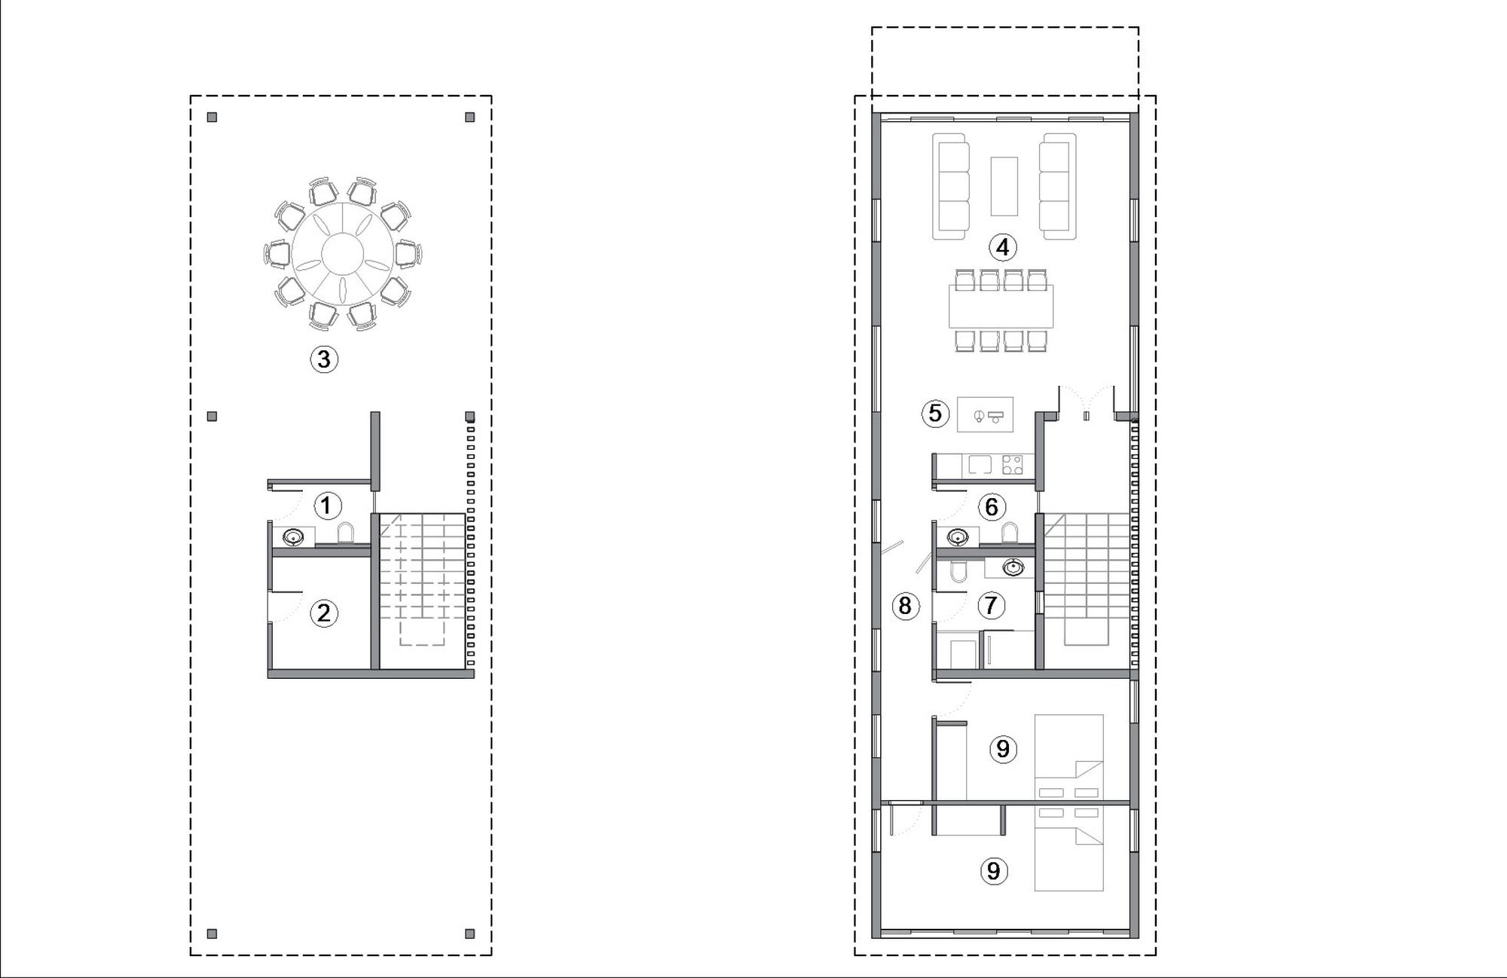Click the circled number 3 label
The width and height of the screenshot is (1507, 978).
[x=324, y=359]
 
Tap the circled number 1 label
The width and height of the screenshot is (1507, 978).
[x=326, y=506]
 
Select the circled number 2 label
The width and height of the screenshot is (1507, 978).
[x=324, y=613]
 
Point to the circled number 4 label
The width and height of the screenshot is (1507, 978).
[x=1002, y=247]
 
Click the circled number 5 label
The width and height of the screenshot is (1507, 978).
[x=935, y=413]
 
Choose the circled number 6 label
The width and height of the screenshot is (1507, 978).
[x=992, y=507]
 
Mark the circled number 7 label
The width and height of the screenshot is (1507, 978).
[x=991, y=605]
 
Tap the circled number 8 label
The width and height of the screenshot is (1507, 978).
[x=905, y=605]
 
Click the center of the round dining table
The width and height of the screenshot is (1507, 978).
[x=342, y=252]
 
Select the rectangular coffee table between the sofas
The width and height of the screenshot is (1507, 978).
[x=1004, y=186]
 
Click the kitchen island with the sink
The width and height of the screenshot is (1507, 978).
[x=985, y=414]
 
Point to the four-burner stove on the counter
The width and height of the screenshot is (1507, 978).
[x=1013, y=466]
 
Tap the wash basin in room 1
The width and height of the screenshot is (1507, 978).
[x=293, y=537]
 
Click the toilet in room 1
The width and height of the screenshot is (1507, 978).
[x=346, y=532]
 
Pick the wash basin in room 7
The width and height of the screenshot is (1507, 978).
[x=1013, y=567]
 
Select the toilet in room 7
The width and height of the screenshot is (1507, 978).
[x=958, y=572]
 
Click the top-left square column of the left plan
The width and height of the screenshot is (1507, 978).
[x=212, y=118]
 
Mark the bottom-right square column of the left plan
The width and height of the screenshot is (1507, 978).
[x=469, y=934]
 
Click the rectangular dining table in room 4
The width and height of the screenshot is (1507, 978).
[x=1001, y=306]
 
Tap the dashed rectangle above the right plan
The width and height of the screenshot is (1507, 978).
[x=1005, y=28]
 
